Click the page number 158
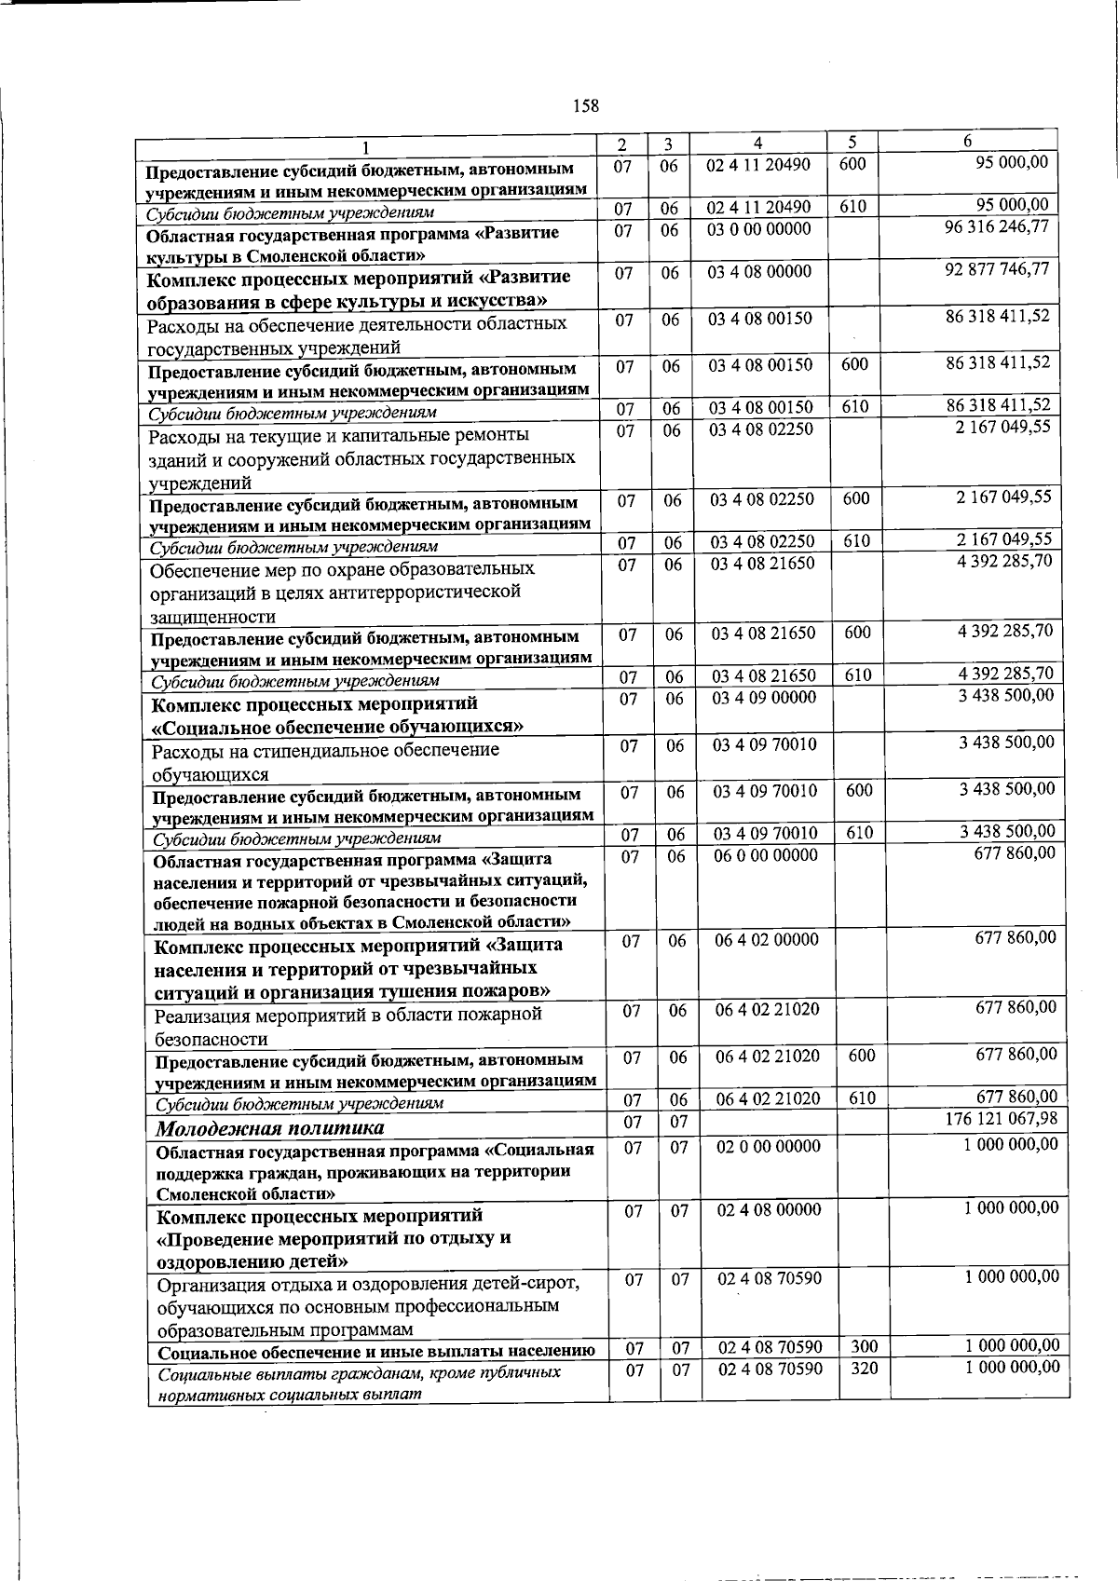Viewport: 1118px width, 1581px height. [586, 105]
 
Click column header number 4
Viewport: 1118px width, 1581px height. [758, 143]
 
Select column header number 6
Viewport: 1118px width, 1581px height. [967, 141]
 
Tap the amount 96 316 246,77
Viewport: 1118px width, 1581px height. [997, 226]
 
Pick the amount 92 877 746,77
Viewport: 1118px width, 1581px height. [997, 269]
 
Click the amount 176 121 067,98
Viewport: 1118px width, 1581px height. [1001, 1119]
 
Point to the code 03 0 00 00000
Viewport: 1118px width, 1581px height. [758, 229]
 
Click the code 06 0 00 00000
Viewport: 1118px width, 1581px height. [766, 855]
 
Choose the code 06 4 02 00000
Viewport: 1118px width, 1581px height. [767, 940]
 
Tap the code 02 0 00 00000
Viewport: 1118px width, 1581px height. [769, 1147]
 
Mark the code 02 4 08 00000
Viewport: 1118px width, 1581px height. [769, 1210]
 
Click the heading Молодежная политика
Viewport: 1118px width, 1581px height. [269, 1129]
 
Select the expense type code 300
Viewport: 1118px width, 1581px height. [864, 1346]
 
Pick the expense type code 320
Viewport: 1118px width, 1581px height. [864, 1369]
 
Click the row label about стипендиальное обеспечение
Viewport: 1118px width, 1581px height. [325, 761]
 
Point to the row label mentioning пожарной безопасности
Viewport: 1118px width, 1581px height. [348, 1026]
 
